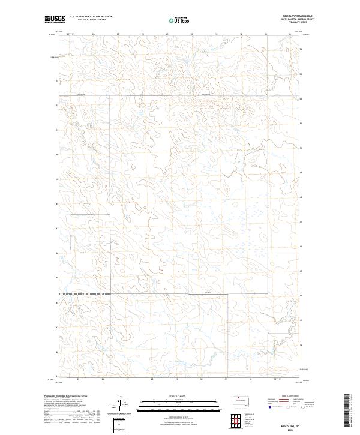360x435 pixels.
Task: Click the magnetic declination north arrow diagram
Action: (119, 402)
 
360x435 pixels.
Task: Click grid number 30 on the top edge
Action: (191, 34)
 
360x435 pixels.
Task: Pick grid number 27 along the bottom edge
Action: (128, 380)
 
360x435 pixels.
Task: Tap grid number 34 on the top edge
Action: (289, 34)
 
